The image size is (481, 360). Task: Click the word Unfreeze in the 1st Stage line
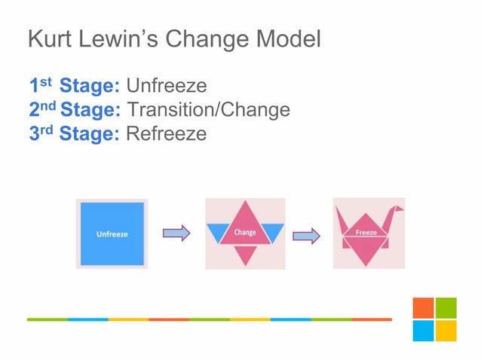click(167, 84)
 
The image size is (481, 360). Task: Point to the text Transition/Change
click(209, 110)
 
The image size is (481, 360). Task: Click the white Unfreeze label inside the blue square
click(112, 234)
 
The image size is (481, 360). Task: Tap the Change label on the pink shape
click(245, 233)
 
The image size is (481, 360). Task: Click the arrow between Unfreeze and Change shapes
click(176, 233)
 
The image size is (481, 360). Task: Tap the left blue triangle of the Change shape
click(219, 232)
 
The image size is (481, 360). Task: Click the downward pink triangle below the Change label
click(245, 254)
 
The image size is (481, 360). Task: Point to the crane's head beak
click(400, 208)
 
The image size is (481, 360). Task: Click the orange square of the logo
click(423, 307)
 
